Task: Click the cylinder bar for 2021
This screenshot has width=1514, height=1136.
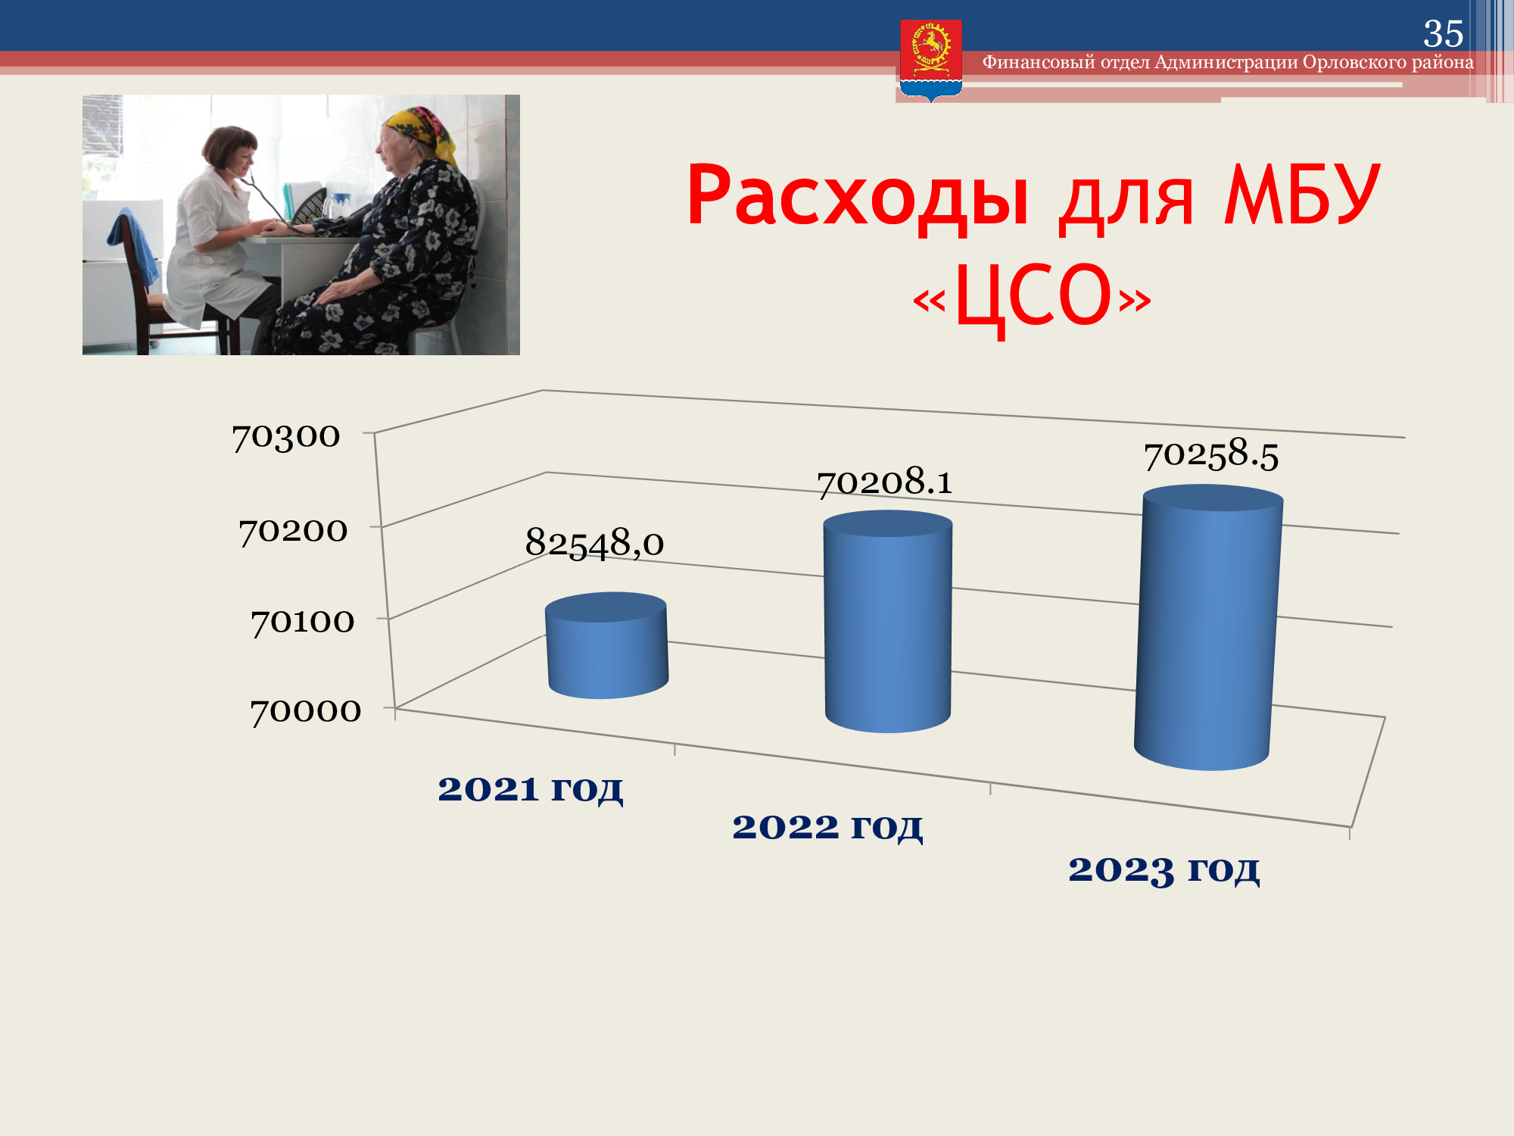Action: (606, 645)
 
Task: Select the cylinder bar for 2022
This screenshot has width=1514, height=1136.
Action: (887, 621)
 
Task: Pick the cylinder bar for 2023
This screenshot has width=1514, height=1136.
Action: (1208, 627)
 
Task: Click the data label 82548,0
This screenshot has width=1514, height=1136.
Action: (594, 543)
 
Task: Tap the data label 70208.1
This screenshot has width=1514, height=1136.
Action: (884, 482)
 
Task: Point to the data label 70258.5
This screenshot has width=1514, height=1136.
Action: (1211, 454)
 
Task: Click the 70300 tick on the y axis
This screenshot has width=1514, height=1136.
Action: (286, 436)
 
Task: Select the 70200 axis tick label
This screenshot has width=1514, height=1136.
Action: (293, 531)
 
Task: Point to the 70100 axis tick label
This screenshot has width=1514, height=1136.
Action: (302, 622)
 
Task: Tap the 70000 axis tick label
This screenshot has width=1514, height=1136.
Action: (306, 711)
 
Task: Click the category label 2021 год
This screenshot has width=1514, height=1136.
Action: (531, 789)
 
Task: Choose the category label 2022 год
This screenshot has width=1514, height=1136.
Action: (827, 827)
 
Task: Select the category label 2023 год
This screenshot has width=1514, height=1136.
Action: (1164, 869)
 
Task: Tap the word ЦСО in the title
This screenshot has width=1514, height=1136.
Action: (1033, 297)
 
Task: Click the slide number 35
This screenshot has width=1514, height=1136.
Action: (1443, 33)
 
